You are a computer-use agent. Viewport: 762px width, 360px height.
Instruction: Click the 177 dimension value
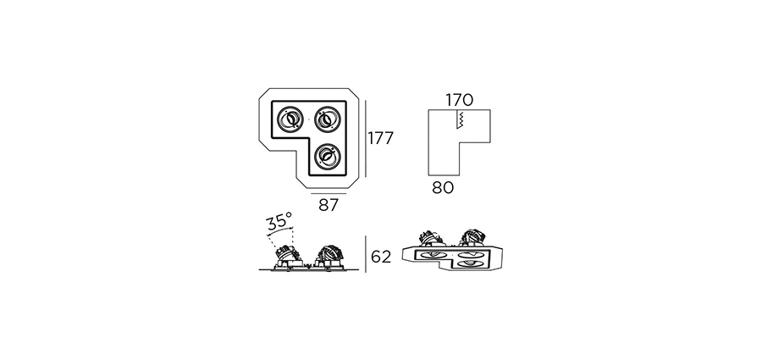(x=380, y=139)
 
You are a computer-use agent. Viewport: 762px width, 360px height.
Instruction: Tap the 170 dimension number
(x=459, y=100)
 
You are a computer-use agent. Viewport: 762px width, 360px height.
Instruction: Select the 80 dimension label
(x=443, y=188)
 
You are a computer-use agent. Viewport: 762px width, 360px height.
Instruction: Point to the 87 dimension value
(x=328, y=205)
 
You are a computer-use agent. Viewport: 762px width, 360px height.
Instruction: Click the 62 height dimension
(x=381, y=257)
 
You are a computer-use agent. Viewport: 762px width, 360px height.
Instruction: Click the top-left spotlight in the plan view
(x=290, y=119)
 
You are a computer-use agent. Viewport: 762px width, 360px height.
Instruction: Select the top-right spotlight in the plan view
(x=327, y=119)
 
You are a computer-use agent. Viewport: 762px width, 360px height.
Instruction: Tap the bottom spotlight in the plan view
(x=328, y=156)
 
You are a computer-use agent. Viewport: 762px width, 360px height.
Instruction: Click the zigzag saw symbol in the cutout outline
(x=459, y=119)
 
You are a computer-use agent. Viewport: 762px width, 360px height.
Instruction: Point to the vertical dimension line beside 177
(x=366, y=139)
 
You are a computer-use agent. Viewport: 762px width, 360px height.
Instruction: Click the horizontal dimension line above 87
(x=328, y=193)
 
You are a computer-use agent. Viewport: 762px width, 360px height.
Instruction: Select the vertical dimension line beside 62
(x=366, y=254)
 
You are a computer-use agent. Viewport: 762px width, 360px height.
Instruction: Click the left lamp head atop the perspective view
(x=431, y=237)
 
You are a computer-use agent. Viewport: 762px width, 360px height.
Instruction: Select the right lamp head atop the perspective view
(x=472, y=236)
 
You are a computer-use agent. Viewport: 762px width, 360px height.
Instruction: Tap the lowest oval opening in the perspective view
(x=472, y=263)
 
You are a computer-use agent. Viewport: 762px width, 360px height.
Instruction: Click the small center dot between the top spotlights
(x=308, y=119)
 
